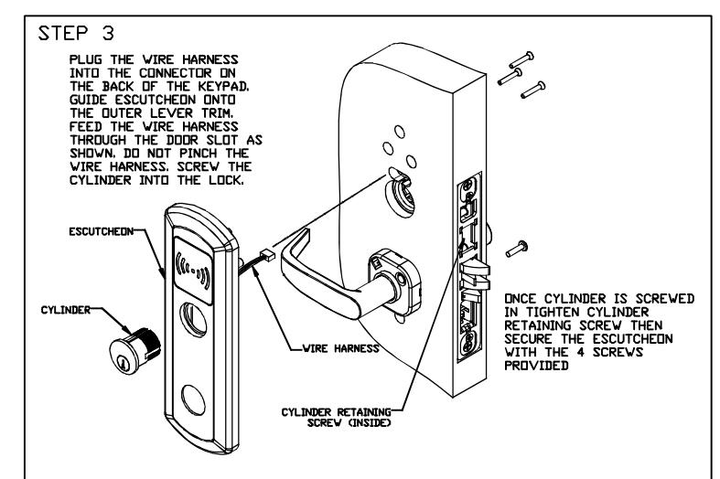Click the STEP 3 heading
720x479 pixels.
click(76, 34)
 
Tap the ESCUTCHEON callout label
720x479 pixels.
click(101, 231)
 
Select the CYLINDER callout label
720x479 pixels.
click(66, 310)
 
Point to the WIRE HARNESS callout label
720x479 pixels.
click(340, 348)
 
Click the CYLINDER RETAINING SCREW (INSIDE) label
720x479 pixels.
click(337, 418)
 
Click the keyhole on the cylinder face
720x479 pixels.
click(124, 363)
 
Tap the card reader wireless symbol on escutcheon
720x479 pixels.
click(193, 271)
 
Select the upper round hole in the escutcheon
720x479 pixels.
click(193, 319)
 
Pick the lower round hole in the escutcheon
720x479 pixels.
click(193, 400)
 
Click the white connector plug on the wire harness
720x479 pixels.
click(267, 255)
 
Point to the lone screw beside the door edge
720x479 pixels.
click(517, 249)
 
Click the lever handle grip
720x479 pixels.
click(317, 280)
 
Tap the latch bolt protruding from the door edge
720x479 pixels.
click(475, 273)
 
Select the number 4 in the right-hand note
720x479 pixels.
click(580, 352)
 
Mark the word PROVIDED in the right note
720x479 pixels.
click(536, 366)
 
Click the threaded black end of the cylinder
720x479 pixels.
click(148, 342)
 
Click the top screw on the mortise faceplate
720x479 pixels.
click(468, 186)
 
